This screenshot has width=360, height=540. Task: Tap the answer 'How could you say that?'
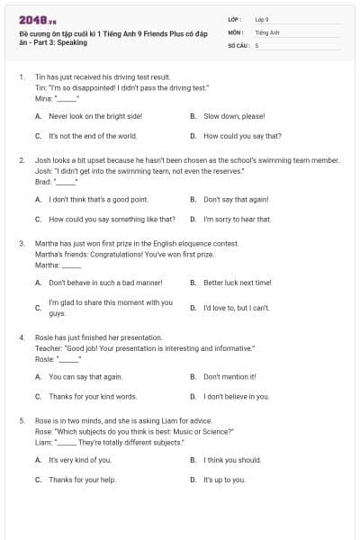click(x=242, y=136)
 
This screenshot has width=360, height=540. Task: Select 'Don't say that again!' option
click(x=236, y=199)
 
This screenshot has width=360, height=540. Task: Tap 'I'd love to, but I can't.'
click(x=237, y=307)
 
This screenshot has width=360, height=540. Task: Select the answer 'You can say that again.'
click(x=85, y=376)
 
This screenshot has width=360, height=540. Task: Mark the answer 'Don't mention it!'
click(x=230, y=376)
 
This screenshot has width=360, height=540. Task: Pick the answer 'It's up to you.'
click(x=224, y=480)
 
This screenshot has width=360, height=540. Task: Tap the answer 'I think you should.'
click(x=232, y=460)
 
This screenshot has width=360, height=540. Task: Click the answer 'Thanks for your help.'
click(x=83, y=480)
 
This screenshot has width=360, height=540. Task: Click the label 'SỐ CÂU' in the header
click(x=238, y=44)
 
